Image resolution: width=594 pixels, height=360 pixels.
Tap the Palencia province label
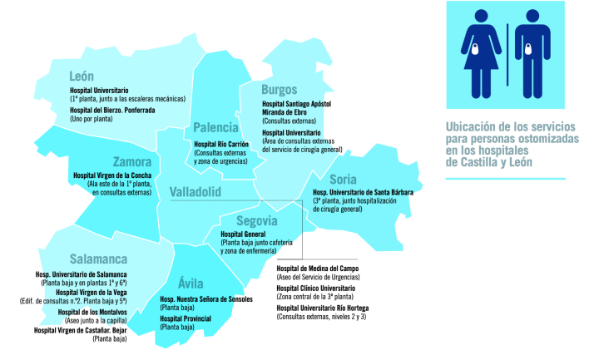coord(215,127)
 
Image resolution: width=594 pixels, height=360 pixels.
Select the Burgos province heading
coord(279,90)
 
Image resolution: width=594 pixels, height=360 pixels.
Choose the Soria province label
coord(343,179)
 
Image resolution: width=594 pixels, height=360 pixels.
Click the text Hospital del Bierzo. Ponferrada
coord(112,111)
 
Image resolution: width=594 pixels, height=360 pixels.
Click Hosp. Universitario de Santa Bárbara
coord(363,191)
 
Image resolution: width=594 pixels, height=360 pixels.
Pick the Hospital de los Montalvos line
coord(87,312)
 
